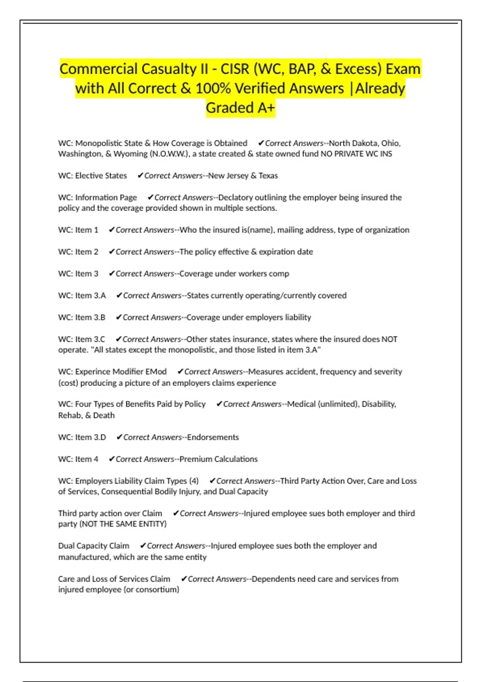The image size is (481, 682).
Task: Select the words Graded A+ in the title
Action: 240,108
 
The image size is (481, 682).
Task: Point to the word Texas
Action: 268,176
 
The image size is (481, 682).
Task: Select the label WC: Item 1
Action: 78,230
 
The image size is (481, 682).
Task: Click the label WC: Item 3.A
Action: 82,296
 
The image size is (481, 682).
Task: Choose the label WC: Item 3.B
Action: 82,317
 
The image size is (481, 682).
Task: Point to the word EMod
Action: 156,372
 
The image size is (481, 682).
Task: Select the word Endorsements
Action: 213,437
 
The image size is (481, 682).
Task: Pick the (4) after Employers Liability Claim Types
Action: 194,481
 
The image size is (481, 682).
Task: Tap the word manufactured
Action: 84,557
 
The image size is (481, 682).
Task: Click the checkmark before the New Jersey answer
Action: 140,176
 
